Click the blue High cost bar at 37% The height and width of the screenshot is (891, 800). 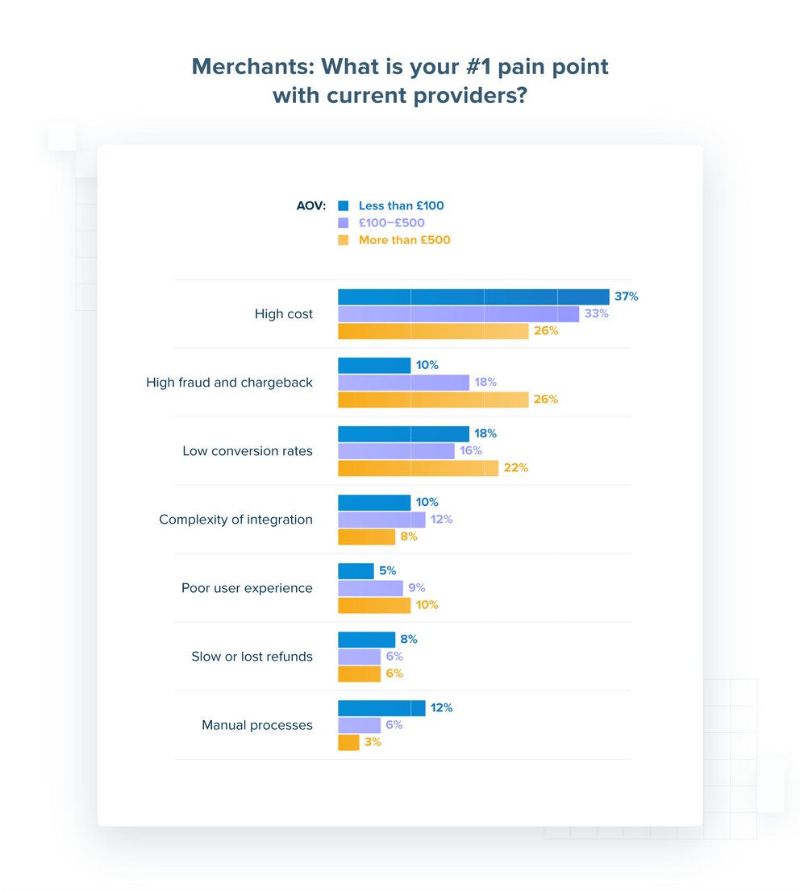473,296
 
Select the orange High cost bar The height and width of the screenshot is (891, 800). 433,331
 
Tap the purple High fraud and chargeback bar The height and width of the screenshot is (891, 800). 403,382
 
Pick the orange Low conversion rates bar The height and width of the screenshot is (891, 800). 418,468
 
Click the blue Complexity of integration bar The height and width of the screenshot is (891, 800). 374,503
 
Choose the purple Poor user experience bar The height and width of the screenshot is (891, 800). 370,588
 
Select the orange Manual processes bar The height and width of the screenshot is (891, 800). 348,742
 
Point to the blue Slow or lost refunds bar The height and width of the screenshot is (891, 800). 366,640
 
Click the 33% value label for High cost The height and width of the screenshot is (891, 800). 596,313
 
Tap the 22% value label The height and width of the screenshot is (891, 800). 515,468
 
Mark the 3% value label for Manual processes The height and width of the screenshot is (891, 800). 373,742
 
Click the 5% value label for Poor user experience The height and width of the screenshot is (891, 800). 387,571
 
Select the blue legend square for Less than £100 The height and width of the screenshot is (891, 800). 344,205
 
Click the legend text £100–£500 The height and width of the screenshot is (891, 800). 392,222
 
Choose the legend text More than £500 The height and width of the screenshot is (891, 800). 405,240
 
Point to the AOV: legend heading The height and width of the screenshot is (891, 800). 310,205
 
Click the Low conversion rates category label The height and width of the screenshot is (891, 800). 248,451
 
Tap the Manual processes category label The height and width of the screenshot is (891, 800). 257,725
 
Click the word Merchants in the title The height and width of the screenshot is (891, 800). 250,66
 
